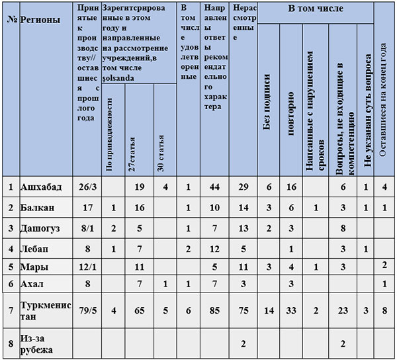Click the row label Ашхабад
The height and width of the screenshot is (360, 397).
(x=42, y=187)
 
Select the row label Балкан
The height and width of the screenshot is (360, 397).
(x=38, y=208)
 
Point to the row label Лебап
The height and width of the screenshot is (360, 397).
(x=35, y=249)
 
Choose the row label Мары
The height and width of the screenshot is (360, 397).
(x=34, y=267)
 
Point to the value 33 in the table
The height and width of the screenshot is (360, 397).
(x=291, y=308)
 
